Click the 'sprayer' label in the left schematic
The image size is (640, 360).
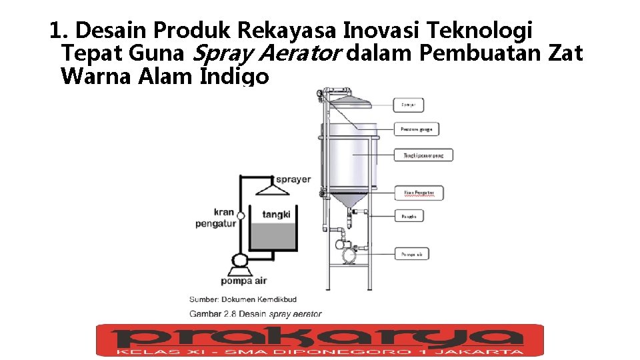(x=293, y=179)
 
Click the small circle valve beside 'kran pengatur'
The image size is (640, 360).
(x=241, y=215)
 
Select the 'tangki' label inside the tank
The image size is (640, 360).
(x=275, y=215)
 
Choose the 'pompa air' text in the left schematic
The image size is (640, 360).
(x=243, y=281)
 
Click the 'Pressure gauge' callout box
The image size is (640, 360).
(x=416, y=129)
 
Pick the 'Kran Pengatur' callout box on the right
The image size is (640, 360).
(x=419, y=193)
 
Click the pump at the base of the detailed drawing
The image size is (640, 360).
(x=347, y=254)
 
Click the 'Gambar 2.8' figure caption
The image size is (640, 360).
(x=255, y=314)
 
